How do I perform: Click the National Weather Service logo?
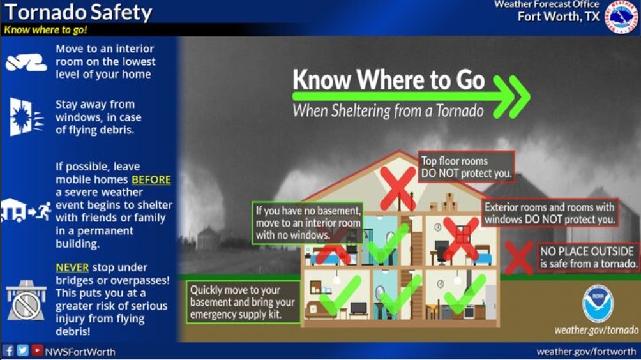click(x=622, y=17)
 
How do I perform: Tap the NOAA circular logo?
click(x=598, y=304)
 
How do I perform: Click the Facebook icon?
click(x=8, y=350)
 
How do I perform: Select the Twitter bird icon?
click(x=23, y=350)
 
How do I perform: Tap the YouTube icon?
click(x=37, y=350)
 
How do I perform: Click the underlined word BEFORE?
click(x=151, y=179)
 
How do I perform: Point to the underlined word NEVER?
click(x=72, y=267)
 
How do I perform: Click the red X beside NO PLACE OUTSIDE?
click(x=519, y=257)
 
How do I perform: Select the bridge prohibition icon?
click(x=26, y=301)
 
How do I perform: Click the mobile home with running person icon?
click(x=26, y=211)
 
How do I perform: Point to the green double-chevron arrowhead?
click(x=511, y=97)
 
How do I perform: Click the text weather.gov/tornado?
click(x=596, y=330)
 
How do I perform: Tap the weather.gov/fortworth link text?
click(x=586, y=352)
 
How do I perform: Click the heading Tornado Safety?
click(x=78, y=12)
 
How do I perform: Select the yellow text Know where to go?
click(x=45, y=30)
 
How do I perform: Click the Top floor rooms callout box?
click(x=467, y=167)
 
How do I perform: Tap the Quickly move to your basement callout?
click(x=243, y=302)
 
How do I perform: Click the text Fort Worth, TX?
click(x=559, y=17)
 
